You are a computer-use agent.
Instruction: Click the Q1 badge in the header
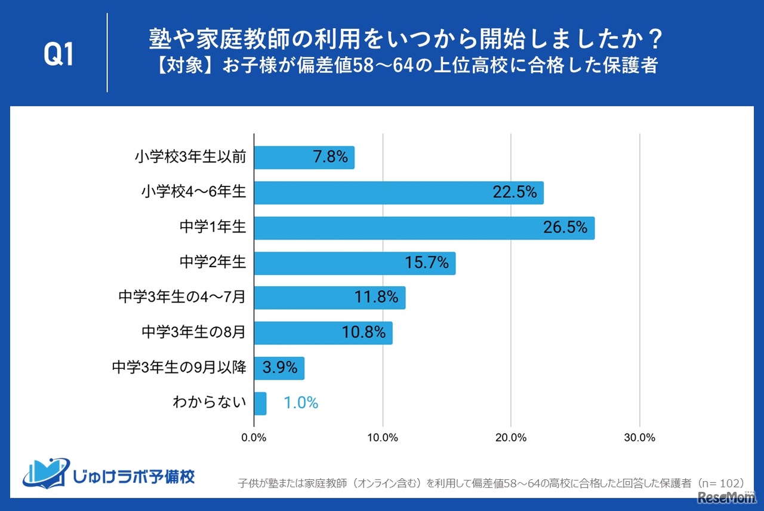[58, 55]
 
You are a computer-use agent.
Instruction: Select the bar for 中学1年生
[424, 228]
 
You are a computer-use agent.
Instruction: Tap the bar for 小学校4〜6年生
[399, 192]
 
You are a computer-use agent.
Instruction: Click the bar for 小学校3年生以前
[304, 158]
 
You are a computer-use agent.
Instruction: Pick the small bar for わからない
[260, 403]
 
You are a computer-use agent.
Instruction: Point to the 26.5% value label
[565, 228]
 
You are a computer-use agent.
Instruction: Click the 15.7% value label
[426, 263]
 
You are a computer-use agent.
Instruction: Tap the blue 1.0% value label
[301, 403]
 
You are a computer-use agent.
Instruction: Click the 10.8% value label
[363, 333]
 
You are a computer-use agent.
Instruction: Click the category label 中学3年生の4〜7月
[182, 297]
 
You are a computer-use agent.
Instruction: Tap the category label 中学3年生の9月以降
[179, 368]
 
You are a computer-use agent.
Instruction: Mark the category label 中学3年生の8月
[194, 332]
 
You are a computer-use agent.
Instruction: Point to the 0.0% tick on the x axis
[254, 437]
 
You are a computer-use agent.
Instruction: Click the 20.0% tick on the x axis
[511, 437]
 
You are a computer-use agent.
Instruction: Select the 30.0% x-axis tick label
[639, 437]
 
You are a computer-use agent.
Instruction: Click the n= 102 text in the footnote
[720, 482]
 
